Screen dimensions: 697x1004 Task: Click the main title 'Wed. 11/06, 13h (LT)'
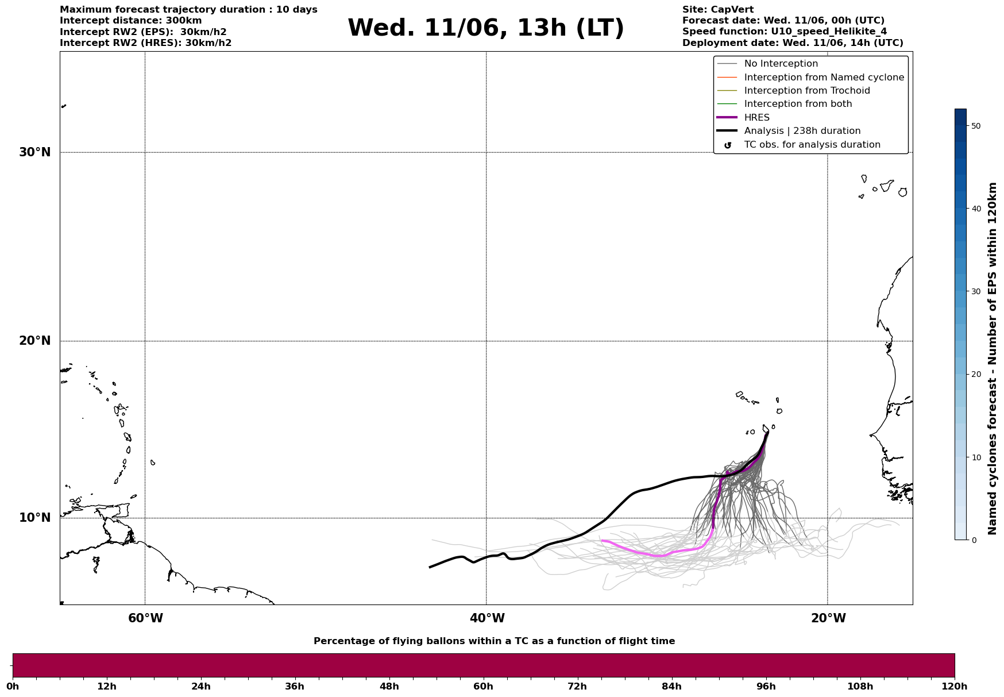(485, 28)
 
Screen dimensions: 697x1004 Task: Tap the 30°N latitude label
(35, 152)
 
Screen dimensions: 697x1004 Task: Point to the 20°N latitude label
(35, 341)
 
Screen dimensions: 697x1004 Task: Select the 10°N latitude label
(35, 518)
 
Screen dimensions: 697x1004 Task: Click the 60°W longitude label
(145, 618)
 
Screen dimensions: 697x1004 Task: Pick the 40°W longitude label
(487, 618)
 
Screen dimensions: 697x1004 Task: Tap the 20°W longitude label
(828, 618)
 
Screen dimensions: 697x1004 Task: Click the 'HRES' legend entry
(756, 118)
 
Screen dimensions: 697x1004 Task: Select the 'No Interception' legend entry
(781, 64)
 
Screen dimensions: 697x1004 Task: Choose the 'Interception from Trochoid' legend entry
(806, 91)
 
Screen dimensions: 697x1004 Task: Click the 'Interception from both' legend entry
(798, 104)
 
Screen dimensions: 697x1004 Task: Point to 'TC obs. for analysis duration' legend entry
(812, 145)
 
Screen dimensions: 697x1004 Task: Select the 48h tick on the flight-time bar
(389, 686)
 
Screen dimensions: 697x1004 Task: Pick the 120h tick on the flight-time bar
(955, 686)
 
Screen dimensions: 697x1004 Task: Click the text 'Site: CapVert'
(717, 10)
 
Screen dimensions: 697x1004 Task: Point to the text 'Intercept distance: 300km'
(130, 21)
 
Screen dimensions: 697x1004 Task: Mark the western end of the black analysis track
(430, 567)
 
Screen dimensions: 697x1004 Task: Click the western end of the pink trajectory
(602, 541)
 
